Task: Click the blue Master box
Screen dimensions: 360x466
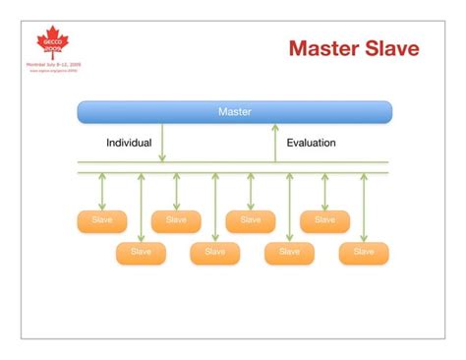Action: pos(234,112)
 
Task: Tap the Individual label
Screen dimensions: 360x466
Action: pos(129,143)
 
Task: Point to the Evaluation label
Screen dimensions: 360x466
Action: pos(311,143)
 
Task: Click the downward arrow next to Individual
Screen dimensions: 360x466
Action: pos(162,143)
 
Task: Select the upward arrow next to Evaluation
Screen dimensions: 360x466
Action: pos(275,143)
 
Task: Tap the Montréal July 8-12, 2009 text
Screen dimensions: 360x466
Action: pos(53,64)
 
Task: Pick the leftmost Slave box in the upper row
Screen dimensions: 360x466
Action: pos(102,220)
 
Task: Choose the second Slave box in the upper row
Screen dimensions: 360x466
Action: pos(176,220)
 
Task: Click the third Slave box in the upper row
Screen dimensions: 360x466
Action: pos(250,220)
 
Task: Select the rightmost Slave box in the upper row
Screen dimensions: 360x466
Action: pos(324,220)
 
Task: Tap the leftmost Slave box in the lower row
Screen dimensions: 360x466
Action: pos(141,253)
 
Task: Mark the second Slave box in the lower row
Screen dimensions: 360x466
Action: pos(214,253)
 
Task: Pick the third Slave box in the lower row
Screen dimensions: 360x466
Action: pos(289,253)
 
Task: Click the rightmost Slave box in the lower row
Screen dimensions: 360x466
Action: pos(364,253)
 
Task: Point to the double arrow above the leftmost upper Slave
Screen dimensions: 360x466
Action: pos(102,191)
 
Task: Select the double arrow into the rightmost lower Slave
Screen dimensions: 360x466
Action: pos(364,207)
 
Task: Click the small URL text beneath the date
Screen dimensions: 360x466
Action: pos(53,71)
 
